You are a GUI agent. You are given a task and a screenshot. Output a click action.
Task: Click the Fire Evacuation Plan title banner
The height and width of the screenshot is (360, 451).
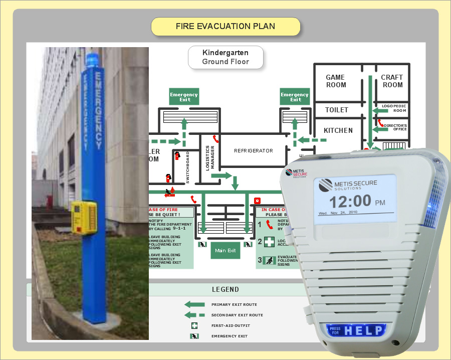coord(225,27)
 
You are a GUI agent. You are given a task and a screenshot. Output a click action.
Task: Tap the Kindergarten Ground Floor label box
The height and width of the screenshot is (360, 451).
coord(225,57)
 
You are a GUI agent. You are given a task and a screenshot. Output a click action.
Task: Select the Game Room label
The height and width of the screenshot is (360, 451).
coord(335,81)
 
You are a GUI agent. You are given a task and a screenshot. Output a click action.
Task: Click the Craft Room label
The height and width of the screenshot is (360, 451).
coord(392,81)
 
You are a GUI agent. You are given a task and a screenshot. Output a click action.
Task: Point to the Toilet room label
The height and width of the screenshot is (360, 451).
coord(337,110)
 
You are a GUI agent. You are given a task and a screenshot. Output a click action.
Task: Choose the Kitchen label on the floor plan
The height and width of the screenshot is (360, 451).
coord(338,130)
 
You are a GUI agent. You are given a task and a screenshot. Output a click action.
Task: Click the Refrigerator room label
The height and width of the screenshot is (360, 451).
coord(254,150)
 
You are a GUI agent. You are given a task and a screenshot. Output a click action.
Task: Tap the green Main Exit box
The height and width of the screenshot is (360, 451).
coord(225,250)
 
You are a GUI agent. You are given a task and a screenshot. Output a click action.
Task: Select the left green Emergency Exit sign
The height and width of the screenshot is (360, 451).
coord(184,97)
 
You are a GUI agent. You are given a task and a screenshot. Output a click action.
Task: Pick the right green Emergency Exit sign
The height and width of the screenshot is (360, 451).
coord(295,97)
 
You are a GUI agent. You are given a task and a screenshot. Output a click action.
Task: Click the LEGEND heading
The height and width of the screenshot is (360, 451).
coord(225,289)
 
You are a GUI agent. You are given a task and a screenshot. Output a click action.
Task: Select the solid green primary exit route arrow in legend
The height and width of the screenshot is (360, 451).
coord(194,304)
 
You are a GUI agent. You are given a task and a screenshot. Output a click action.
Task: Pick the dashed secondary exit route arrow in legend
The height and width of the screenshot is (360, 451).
coord(194,315)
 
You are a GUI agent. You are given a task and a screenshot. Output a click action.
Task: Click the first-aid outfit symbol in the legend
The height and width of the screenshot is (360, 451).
coord(193,325)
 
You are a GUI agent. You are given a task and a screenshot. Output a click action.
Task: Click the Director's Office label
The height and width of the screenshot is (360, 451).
coord(395,127)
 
